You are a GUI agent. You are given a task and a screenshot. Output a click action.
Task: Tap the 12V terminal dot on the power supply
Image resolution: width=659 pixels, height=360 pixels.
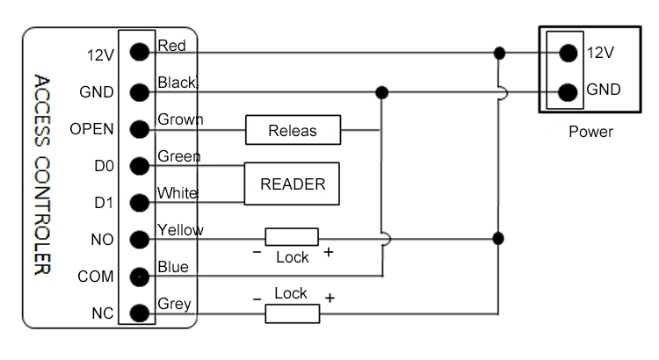tap(568, 53)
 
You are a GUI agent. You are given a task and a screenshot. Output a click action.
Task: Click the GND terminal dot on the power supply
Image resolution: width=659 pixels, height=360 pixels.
tap(568, 90)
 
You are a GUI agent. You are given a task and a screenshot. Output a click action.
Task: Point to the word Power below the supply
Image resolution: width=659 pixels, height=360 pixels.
tap(590, 133)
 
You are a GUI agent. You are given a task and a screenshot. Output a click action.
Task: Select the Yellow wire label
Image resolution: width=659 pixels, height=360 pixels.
tap(179, 230)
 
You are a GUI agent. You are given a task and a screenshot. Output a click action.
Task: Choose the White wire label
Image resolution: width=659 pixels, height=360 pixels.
tap(176, 192)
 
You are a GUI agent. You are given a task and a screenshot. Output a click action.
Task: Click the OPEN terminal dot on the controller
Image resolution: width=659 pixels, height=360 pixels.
tap(138, 129)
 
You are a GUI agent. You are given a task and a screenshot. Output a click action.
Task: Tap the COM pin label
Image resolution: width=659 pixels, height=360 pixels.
tap(96, 277)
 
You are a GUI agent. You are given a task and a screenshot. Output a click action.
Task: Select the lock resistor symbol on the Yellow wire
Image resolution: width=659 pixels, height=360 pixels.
tap(291, 237)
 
